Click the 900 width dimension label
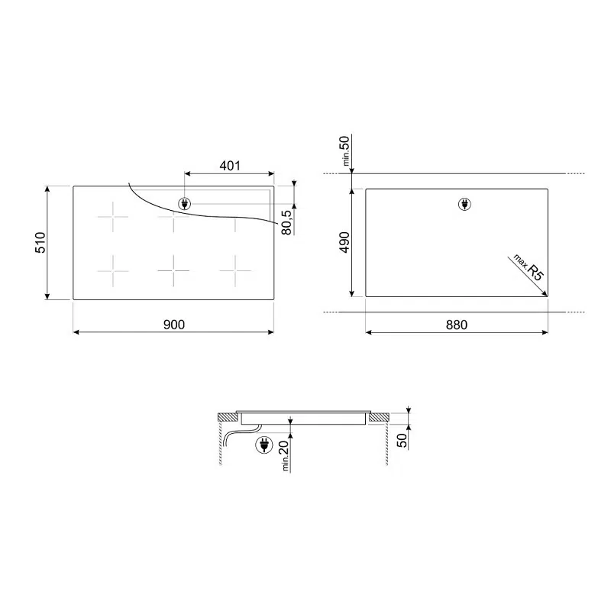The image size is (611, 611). coord(174,324)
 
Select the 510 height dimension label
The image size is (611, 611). coord(40,242)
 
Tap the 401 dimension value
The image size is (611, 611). coord(230,166)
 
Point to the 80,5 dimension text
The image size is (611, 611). coord(287,222)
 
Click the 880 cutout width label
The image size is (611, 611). coord(456,325)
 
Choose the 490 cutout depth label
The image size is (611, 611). coord(345,242)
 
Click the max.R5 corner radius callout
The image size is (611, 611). coord(528,267)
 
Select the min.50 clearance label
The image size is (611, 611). coord(346,150)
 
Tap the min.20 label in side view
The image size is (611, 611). coord(286,455)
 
